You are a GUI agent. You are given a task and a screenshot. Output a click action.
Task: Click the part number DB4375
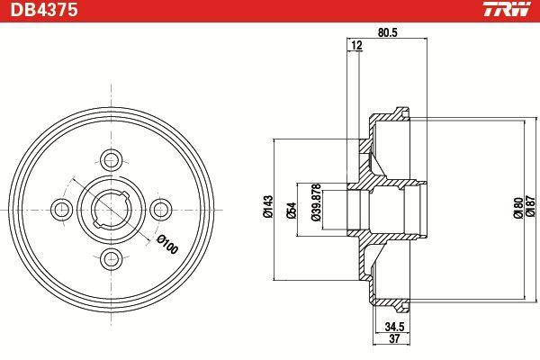[x=44, y=10]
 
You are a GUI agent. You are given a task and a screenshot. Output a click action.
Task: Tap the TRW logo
[x=507, y=9]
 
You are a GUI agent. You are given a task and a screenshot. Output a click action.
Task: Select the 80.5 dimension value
[x=387, y=32]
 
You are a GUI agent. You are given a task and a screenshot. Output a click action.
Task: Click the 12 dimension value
[x=356, y=45]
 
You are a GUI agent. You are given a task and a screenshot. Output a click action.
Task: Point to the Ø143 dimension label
[x=268, y=207]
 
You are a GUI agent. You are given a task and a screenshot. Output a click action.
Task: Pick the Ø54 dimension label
[x=291, y=210]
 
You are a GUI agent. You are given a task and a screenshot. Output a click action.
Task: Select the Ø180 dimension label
[x=517, y=207]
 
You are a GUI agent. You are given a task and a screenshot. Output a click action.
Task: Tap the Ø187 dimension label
[x=531, y=207]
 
